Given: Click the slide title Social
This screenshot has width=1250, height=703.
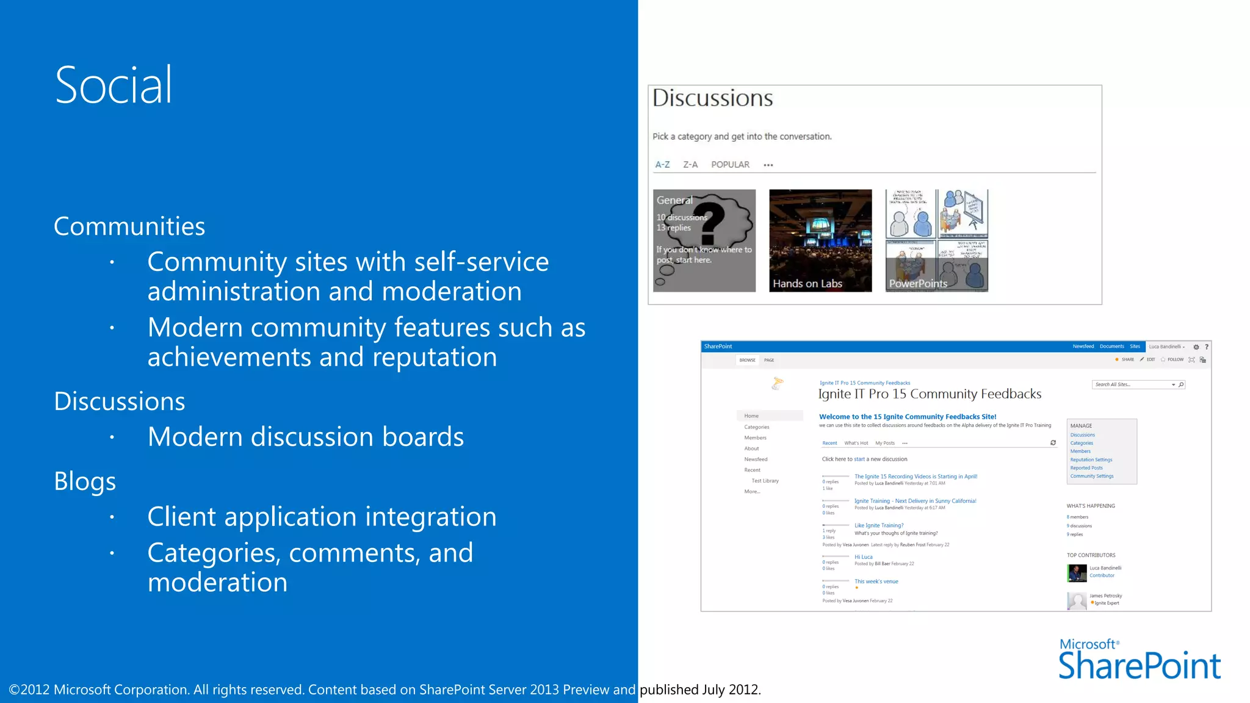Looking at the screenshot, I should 114,85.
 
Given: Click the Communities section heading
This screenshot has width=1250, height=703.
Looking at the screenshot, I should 129,226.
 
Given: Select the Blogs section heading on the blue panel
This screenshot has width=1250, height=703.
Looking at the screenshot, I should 85,481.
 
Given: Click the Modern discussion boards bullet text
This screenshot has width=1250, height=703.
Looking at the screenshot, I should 305,437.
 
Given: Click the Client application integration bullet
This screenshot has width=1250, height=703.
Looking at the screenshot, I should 322,517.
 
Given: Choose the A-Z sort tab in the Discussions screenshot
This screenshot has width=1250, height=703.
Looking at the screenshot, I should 662,165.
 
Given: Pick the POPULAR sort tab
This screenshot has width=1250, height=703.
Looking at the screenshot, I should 730,165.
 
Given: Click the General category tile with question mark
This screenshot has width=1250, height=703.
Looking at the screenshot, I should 704,240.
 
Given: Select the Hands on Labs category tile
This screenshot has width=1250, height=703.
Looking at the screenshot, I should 820,240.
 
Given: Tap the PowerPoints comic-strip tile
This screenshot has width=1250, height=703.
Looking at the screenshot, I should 936,240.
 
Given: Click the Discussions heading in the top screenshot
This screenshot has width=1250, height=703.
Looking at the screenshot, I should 712,98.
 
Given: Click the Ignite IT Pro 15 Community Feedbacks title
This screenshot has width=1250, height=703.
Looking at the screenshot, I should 930,394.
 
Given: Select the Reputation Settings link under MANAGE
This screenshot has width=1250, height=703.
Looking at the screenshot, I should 1091,460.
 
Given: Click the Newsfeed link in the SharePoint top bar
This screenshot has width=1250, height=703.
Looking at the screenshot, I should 1083,347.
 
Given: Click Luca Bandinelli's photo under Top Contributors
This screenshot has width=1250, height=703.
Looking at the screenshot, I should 1077,572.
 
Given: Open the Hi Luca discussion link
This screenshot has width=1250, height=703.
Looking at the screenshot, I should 863,557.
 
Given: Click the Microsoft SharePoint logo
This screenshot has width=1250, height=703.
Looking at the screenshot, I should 1139,660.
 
